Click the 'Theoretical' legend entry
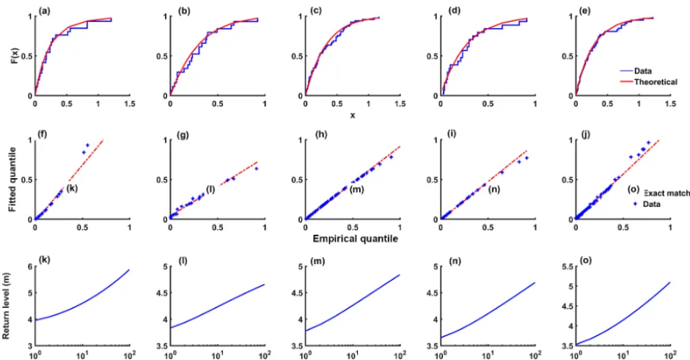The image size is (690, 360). [x=656, y=82]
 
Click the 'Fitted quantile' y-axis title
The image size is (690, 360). [x=12, y=179]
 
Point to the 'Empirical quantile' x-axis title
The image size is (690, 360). [x=355, y=238]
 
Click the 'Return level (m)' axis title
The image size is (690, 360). [x=6, y=306]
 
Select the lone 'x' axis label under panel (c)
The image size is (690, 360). [x=353, y=116]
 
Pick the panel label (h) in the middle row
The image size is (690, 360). [x=322, y=135]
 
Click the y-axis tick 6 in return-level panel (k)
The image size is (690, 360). [x=30, y=266]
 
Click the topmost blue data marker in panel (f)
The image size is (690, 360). [x=87, y=145]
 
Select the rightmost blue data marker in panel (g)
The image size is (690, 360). [x=256, y=169]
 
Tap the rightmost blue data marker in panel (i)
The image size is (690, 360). [x=526, y=158]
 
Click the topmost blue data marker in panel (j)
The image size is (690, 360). [x=648, y=142]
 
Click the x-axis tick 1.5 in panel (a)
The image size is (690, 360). [x=129, y=104]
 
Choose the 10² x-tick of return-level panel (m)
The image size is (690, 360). [x=400, y=354]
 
